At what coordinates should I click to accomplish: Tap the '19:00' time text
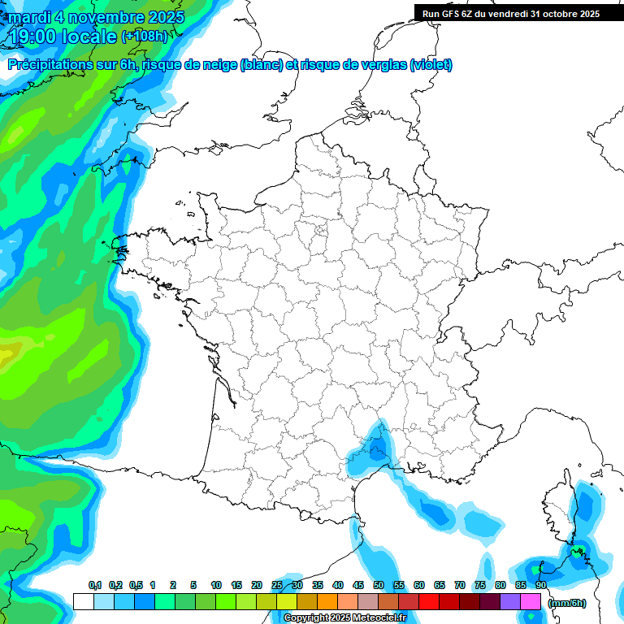pyautogui.click(x=35, y=37)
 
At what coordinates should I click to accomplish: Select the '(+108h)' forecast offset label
pyautogui.click(x=145, y=37)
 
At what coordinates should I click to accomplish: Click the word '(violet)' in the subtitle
pyautogui.click(x=431, y=65)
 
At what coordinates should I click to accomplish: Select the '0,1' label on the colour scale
pyautogui.click(x=95, y=585)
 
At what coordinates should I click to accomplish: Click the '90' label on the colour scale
pyautogui.click(x=541, y=585)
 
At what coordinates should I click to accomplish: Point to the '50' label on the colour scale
pyautogui.click(x=379, y=585)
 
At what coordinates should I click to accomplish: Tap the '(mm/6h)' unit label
pyautogui.click(x=567, y=603)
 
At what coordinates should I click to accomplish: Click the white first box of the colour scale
pyautogui.click(x=83, y=602)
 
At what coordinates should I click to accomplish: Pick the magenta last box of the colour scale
pyautogui.click(x=531, y=602)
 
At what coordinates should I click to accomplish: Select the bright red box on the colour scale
pyautogui.click(x=429, y=602)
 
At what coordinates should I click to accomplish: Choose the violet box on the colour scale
pyautogui.click(x=510, y=602)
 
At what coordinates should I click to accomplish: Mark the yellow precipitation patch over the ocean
pyautogui.click(x=10, y=352)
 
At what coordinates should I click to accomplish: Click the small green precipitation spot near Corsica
pyautogui.click(x=578, y=553)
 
